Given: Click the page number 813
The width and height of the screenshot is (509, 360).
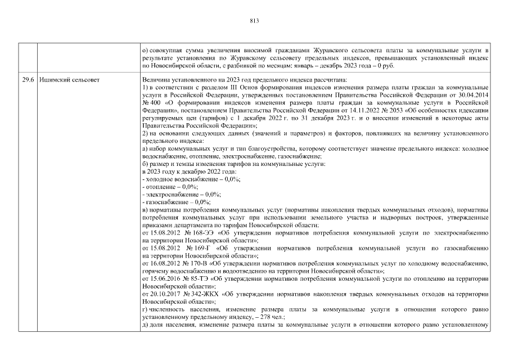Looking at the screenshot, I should click(254, 21).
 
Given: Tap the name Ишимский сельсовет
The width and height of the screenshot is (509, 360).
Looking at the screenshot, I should click(69, 80).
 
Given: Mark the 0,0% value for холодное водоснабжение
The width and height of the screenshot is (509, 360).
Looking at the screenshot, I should click(232, 178).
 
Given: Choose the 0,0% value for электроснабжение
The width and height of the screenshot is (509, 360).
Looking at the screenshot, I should click(212, 193).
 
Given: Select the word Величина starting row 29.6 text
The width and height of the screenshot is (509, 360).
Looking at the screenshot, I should click(157, 80).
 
